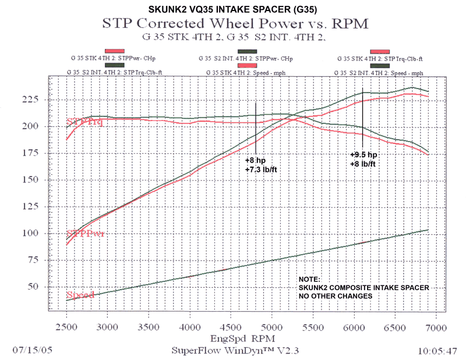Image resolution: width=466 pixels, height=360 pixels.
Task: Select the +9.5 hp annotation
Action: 364,155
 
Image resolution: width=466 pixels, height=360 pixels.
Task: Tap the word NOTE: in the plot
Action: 309,279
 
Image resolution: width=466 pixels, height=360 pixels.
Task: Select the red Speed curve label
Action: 80,295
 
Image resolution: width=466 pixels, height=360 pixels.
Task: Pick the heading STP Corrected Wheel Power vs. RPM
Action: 235,24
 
